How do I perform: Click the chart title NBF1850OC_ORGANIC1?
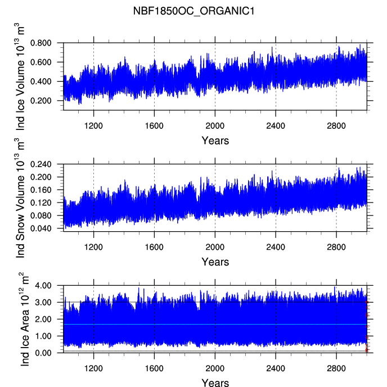pos(193,11)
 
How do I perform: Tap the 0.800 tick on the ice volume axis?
pos(40,43)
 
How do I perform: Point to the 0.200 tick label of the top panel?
pos(40,101)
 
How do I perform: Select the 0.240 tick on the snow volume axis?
pos(40,164)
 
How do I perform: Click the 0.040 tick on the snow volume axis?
pos(40,228)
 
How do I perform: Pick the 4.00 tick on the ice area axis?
pos(43,286)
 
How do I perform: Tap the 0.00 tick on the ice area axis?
pos(43,353)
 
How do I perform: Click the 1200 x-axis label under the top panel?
pos(93,126)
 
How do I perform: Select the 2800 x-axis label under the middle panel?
pos(336,247)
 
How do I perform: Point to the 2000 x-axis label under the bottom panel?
pos(215,368)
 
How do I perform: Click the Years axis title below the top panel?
pos(215,141)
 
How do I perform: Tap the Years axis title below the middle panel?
pos(215,262)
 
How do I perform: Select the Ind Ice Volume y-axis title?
pos(20,76)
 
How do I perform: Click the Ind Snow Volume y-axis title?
pos(20,198)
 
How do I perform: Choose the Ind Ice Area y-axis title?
pos(24,319)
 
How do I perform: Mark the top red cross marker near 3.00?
pos(367,302)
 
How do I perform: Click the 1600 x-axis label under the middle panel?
pos(154,247)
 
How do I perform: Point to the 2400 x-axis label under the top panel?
pos(276,126)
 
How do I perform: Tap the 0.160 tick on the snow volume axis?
pos(40,190)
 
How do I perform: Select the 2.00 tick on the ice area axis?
pos(43,319)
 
